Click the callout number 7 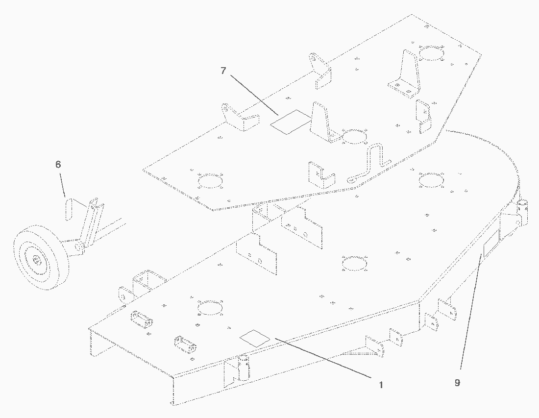(223, 71)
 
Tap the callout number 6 (58, 164)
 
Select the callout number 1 (381, 385)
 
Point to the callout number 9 (457, 383)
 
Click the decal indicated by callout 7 (291, 122)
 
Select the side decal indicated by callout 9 (491, 244)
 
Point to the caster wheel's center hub (37, 261)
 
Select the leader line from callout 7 (254, 95)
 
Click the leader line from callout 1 (323, 358)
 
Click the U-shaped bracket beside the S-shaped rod (321, 174)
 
